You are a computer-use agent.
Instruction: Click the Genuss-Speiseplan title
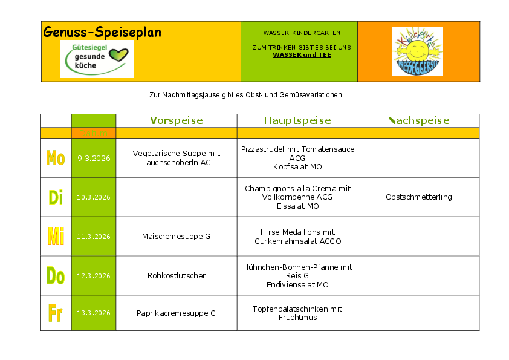point(102,32)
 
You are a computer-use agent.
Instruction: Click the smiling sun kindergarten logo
point(417,51)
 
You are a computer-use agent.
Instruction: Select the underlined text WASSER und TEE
point(302,54)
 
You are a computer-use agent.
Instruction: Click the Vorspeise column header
point(176,120)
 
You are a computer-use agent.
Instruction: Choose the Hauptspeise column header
point(297,120)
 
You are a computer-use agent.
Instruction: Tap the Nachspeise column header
point(418,120)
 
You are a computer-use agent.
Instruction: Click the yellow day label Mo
point(56,159)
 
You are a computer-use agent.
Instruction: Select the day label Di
point(56,197)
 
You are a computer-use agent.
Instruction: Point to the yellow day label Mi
point(56,236)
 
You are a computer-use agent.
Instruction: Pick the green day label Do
point(56,276)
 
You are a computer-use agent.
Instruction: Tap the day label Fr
point(56,313)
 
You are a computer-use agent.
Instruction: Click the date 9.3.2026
point(94,159)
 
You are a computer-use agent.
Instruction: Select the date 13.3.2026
point(94,313)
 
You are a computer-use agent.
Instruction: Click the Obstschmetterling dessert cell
point(418,197)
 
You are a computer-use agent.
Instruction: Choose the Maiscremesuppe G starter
point(176,237)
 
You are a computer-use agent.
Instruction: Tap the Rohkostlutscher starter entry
point(176,276)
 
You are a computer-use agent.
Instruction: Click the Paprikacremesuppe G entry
point(176,313)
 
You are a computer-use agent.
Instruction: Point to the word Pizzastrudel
point(263,149)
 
